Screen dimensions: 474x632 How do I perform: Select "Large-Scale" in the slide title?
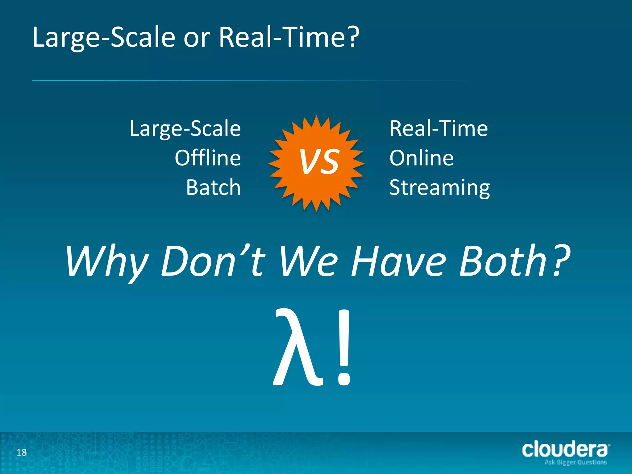104,38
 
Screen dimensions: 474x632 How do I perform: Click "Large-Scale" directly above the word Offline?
185,129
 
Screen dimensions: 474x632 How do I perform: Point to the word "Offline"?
208,158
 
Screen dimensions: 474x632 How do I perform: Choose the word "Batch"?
213,187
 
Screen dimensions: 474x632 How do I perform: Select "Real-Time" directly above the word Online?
439,129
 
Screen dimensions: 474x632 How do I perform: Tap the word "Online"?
422,158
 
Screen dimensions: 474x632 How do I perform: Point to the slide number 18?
22,452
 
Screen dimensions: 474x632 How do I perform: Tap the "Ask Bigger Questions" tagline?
576,462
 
